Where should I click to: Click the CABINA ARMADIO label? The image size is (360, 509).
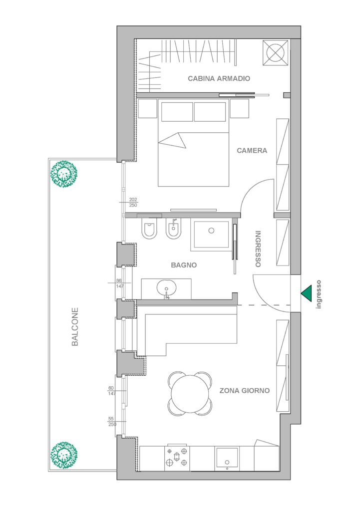pyautogui.click(x=219, y=78)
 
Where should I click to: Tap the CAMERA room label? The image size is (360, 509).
pyautogui.click(x=252, y=151)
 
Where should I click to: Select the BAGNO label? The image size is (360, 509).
pyautogui.click(x=184, y=265)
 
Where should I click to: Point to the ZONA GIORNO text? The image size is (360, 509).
pyautogui.click(x=245, y=391)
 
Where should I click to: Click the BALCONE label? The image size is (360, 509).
pyautogui.click(x=75, y=327)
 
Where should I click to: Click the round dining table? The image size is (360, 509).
pyautogui.click(x=190, y=394)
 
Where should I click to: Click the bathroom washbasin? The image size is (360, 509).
pyautogui.click(x=166, y=288)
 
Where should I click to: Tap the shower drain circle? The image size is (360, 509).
pyautogui.click(x=212, y=231)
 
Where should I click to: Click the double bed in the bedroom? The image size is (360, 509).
pyautogui.click(x=193, y=143)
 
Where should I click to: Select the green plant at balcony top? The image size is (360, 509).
pyautogui.click(x=64, y=174)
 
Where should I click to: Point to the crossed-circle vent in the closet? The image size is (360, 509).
pyautogui.click(x=276, y=52)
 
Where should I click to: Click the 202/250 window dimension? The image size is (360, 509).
pyautogui.click(x=133, y=202)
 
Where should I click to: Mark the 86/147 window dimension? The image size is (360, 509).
pyautogui.click(x=119, y=283)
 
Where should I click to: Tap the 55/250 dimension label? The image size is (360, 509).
pyautogui.click(x=112, y=421)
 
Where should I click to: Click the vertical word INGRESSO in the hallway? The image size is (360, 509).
pyautogui.click(x=258, y=249)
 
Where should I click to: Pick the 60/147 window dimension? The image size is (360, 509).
pyautogui.click(x=112, y=391)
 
